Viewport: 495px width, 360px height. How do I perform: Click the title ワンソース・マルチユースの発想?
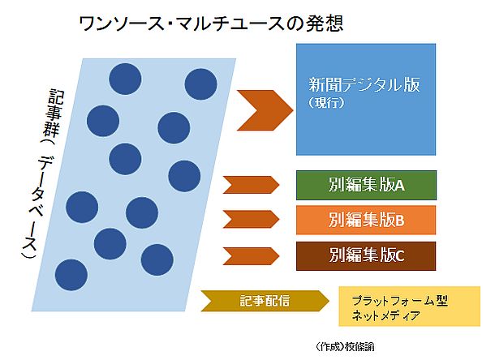point(211,24)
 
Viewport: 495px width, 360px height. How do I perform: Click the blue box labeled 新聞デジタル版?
point(366,100)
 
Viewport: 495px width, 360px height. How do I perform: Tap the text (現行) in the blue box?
point(326,102)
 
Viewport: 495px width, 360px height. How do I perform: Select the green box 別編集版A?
point(366,185)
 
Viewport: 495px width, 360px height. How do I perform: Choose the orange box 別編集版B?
point(366,220)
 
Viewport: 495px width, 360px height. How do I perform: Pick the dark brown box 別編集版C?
point(366,256)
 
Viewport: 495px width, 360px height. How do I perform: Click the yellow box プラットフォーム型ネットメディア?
point(410,306)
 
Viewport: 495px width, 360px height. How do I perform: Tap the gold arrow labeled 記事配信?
point(265,301)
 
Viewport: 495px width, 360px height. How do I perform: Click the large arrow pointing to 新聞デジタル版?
point(265,110)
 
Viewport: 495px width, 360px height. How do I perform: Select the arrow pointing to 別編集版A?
point(251,185)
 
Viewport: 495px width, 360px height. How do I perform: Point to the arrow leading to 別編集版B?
point(251,219)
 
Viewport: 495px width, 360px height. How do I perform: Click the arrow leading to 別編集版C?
point(251,256)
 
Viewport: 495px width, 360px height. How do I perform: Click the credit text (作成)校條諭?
point(345,346)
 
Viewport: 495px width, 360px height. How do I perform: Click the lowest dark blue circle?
point(71,275)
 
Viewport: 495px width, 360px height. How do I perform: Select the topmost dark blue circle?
point(125,79)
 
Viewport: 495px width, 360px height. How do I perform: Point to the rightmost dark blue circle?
point(200,84)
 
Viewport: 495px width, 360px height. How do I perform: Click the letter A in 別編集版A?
point(400,186)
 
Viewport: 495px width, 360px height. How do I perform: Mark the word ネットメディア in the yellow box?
point(385,315)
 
